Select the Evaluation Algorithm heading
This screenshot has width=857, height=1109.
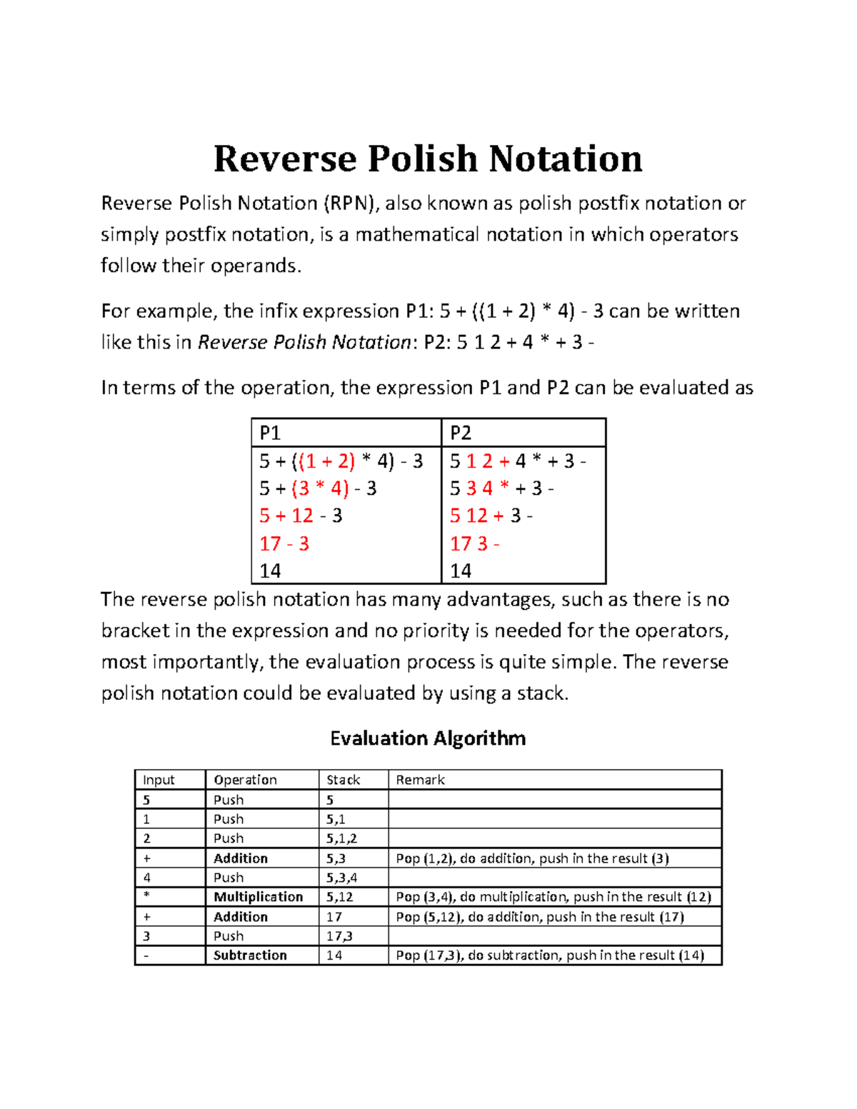428,738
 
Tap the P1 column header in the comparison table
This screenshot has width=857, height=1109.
270,433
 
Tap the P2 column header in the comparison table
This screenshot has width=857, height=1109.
461,433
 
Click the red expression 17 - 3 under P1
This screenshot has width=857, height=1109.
284,544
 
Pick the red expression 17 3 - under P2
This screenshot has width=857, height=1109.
474,544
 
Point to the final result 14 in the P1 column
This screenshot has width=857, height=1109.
270,571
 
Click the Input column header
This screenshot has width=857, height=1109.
159,780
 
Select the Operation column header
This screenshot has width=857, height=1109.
245,780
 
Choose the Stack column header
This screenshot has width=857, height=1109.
344,780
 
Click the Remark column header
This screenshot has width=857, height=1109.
420,780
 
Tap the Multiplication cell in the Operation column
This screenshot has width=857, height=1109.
259,897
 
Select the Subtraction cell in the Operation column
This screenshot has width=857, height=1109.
250,955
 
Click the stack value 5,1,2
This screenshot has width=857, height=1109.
341,838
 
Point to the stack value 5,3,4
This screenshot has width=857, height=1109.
341,878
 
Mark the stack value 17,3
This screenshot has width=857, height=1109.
339,936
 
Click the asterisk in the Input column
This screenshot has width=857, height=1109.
146,897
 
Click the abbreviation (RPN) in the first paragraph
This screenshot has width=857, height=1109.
351,204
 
